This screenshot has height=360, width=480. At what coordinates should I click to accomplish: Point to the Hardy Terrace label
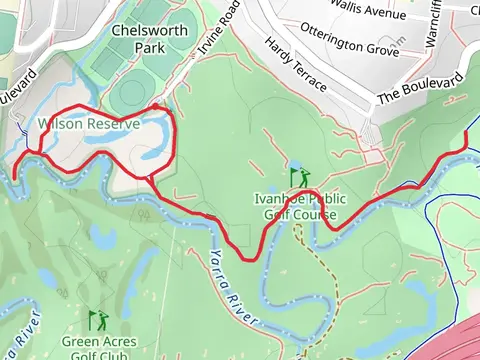coord(295,69)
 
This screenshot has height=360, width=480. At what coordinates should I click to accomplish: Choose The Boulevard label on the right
coord(419,89)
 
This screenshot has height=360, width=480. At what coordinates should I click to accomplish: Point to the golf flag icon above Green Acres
coord(97,320)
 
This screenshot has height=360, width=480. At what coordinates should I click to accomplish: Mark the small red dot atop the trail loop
coord(155,105)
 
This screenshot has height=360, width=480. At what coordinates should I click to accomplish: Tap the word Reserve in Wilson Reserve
coord(93,125)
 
